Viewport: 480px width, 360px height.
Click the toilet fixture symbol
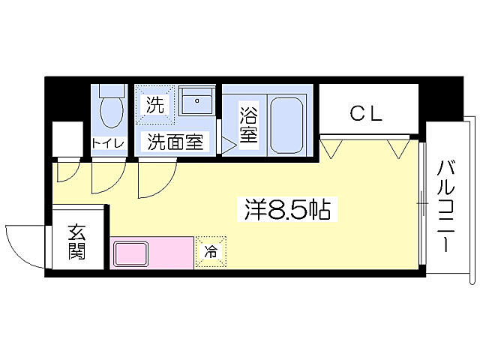pos(112,108)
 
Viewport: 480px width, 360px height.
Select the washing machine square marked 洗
pos(154,104)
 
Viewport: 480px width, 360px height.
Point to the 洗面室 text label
pos(174,142)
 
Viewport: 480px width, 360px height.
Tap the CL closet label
pos(367,114)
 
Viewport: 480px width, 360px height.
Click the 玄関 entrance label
pos(76,241)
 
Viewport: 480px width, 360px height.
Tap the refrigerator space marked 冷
pos(210,252)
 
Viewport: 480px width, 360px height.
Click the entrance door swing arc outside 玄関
pos(24,244)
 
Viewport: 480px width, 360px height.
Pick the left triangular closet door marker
pos(331,147)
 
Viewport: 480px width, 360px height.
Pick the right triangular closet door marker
pos(397,147)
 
